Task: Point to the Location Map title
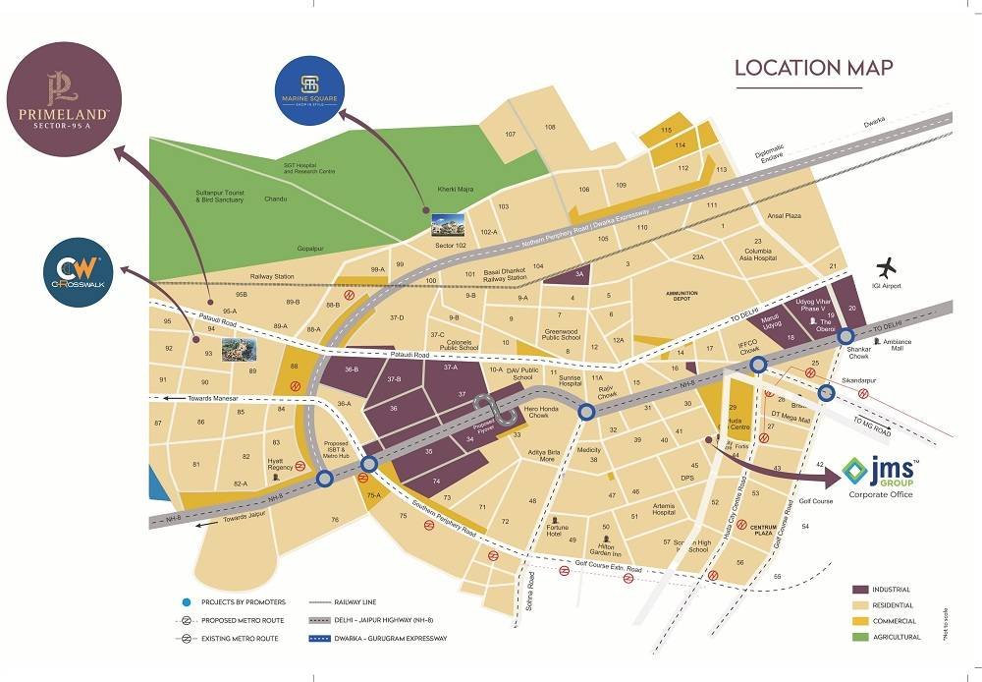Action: pos(814,68)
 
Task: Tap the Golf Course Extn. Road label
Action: pos(609,568)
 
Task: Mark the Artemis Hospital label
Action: pos(664,509)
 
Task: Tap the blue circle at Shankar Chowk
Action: pos(846,336)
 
